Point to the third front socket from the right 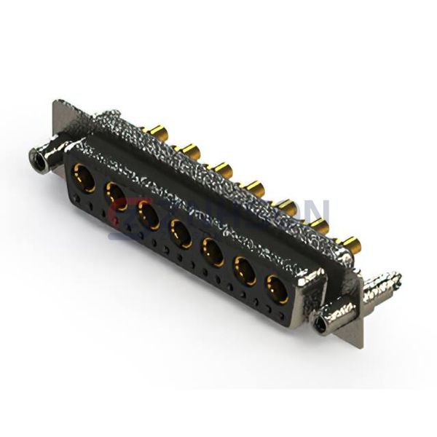click(213, 252)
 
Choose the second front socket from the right click(245, 271)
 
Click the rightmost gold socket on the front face click(277, 289)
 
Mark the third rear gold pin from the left click(221, 170)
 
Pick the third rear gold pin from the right click(287, 208)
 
